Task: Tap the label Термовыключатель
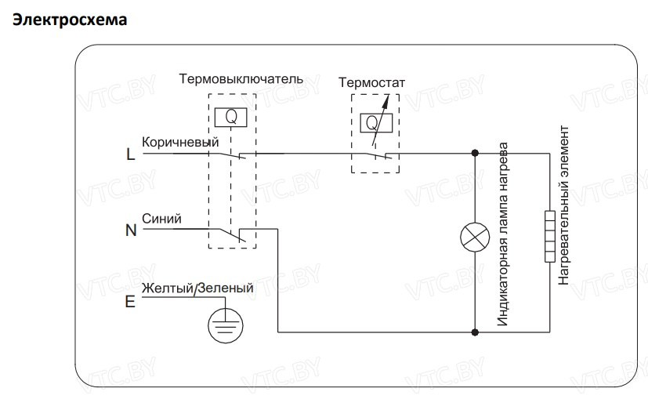tap(241, 79)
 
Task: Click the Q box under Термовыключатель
tap(231, 116)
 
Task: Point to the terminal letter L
tap(130, 154)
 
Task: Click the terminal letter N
tap(131, 230)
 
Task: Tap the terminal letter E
tap(130, 300)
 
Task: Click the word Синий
tap(161, 219)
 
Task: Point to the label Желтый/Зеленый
tap(197, 288)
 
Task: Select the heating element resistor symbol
tap(549, 237)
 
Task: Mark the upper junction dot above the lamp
tap(476, 154)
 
